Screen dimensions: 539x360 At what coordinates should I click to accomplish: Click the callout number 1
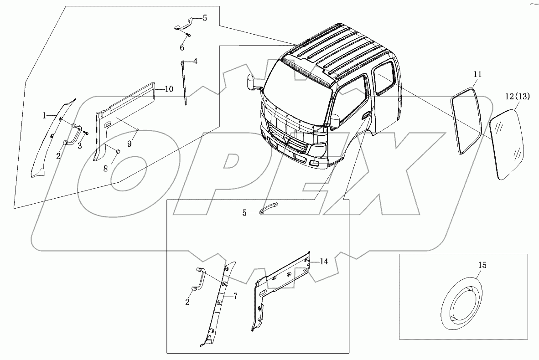pyautogui.click(x=44, y=116)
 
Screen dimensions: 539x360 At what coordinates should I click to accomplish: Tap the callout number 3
pyautogui.click(x=79, y=146)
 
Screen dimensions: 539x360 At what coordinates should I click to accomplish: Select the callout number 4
pyautogui.click(x=195, y=61)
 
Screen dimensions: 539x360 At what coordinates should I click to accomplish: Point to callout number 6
pyautogui.click(x=182, y=48)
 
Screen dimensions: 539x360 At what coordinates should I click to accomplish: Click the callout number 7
pyautogui.click(x=235, y=296)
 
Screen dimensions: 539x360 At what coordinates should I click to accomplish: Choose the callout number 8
pyautogui.click(x=105, y=168)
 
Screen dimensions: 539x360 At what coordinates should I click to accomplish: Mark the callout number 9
pyautogui.click(x=130, y=143)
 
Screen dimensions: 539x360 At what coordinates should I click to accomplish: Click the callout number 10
pyautogui.click(x=169, y=89)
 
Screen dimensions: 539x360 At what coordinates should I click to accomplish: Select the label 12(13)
pyautogui.click(x=518, y=96)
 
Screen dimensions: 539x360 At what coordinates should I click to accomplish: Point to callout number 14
pyautogui.click(x=324, y=262)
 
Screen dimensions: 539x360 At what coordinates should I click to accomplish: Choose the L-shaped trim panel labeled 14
pyautogui.click(x=274, y=292)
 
